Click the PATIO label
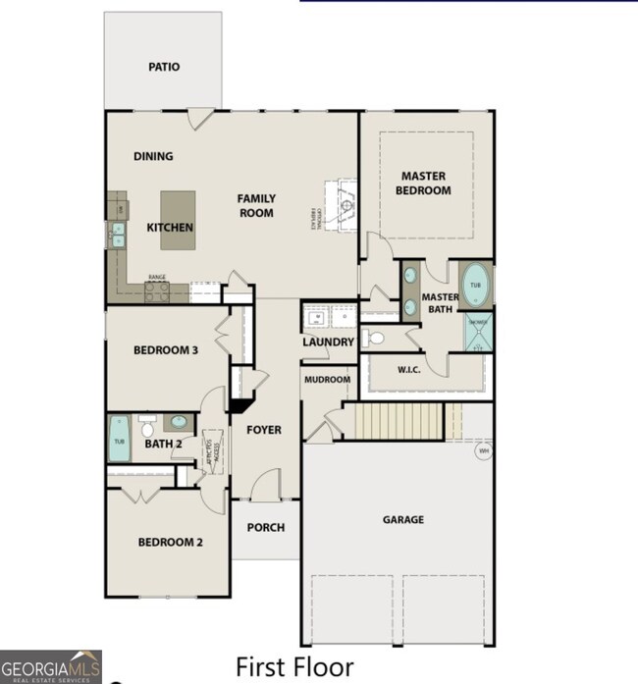(164, 68)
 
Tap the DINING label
(153, 156)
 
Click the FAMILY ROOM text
(255, 206)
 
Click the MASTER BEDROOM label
(424, 184)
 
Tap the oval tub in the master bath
(475, 285)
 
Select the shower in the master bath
(478, 332)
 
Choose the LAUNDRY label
(328, 342)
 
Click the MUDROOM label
(327, 380)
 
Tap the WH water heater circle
(482, 451)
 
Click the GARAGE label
(402, 520)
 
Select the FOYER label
(263, 430)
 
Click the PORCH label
(265, 528)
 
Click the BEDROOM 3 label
(167, 349)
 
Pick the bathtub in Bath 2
(118, 438)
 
